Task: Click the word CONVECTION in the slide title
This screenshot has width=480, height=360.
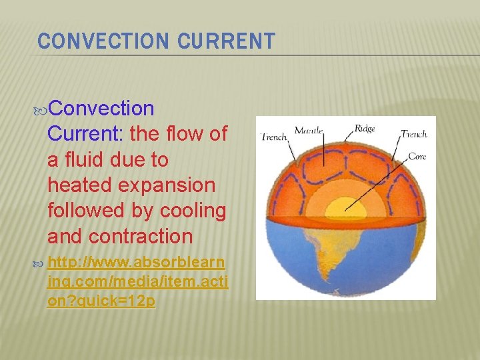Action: (103, 41)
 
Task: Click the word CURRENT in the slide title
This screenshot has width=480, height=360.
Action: (226, 41)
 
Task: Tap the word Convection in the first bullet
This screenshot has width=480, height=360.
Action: (101, 108)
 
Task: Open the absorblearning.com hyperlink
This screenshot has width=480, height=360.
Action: (137, 283)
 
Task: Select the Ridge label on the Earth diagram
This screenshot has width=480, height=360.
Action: (364, 128)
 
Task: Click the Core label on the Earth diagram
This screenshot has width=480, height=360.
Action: (417, 157)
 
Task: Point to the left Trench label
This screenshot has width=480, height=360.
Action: (273, 137)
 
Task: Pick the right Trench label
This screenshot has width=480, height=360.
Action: (413, 134)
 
